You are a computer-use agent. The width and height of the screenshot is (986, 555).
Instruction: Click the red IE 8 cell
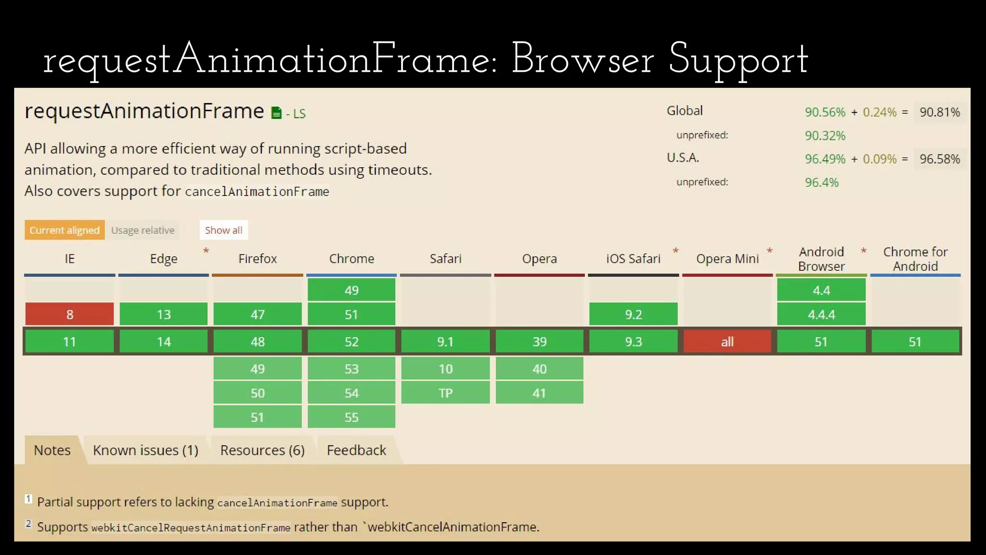click(69, 314)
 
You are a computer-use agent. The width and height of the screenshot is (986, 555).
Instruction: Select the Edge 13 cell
click(163, 314)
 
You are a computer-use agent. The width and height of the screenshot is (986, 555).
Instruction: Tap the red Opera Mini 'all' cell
click(727, 342)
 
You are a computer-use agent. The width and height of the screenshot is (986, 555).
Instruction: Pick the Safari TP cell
click(445, 393)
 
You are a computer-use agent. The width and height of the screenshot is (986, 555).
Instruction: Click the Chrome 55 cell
click(351, 417)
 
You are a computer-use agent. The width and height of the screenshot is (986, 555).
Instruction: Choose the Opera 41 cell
click(539, 393)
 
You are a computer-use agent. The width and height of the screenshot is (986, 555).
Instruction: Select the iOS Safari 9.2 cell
click(633, 314)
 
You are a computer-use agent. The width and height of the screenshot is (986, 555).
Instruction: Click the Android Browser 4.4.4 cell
click(821, 314)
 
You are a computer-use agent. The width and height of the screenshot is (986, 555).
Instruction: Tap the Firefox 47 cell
click(258, 314)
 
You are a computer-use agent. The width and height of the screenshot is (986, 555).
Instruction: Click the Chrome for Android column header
click(915, 259)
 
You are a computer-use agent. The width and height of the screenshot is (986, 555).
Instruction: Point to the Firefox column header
click(258, 259)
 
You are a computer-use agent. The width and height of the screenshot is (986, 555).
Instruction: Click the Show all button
click(223, 230)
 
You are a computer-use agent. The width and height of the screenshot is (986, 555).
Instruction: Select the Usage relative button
click(143, 230)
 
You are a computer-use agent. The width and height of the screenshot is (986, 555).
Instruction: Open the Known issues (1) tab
click(145, 450)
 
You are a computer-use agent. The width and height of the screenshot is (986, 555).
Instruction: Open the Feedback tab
click(356, 450)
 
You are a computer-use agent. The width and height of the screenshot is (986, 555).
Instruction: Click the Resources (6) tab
click(262, 450)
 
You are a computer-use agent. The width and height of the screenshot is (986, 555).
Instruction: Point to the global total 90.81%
click(939, 112)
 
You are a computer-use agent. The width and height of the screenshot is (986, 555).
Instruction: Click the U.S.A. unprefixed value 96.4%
click(821, 183)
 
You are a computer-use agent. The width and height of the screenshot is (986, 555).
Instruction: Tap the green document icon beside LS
click(276, 113)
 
